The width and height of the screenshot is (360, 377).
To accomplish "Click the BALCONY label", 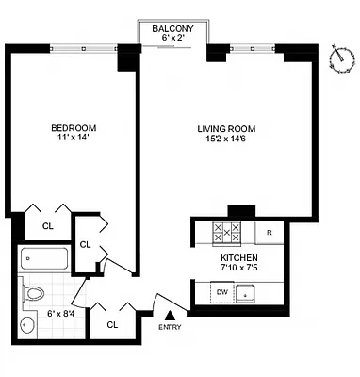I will click(x=172, y=29).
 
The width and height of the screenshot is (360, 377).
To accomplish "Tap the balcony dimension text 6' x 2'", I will click(x=172, y=40).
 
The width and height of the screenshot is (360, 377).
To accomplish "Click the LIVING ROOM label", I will click(x=227, y=128).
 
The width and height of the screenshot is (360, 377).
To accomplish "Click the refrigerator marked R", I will click(x=270, y=233).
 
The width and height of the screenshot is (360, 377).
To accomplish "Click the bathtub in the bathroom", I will click(x=44, y=257).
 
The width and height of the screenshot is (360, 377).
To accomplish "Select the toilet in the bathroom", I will click(x=34, y=291).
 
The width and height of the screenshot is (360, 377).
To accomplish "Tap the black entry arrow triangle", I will click(x=170, y=316).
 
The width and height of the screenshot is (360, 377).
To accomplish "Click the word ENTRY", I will click(x=171, y=327).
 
